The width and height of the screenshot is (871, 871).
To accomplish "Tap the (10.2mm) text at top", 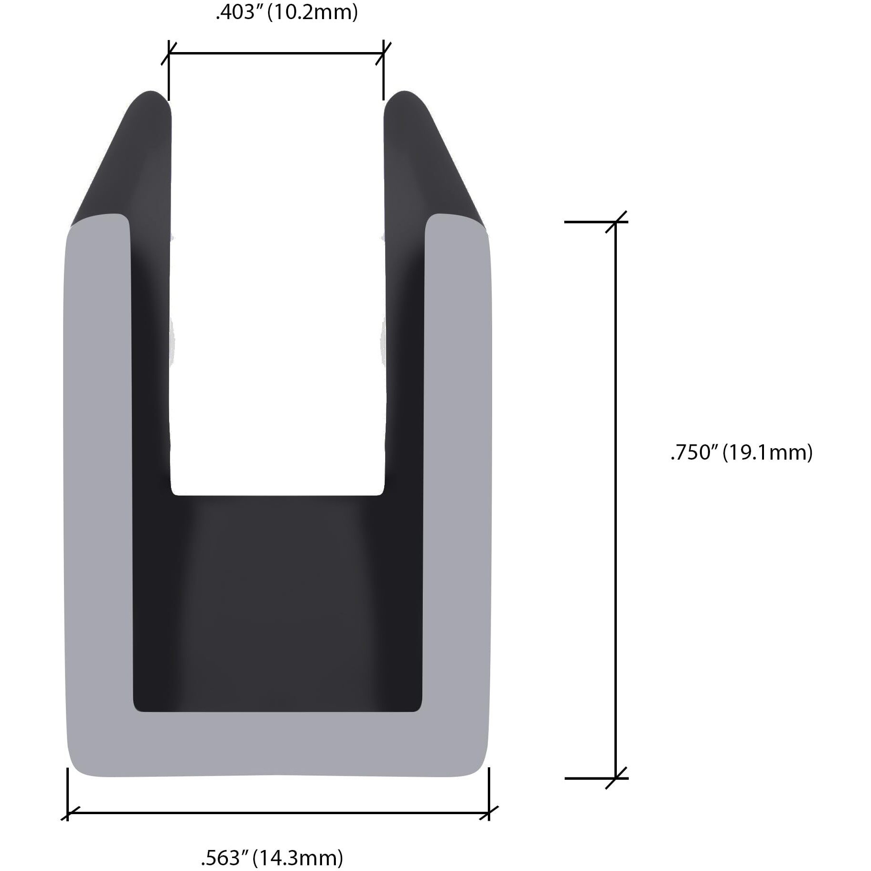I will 312,12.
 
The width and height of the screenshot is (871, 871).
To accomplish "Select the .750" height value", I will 693,452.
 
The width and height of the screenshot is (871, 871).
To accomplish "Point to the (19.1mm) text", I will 767,452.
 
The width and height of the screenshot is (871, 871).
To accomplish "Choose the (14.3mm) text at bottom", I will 298,858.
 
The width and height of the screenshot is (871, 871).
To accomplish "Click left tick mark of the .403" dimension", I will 169,53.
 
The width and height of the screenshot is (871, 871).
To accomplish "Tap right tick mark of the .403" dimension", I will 383,53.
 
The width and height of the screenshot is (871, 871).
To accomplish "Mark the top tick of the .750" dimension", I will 616,222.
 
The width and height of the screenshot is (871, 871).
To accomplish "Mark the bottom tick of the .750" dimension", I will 616,778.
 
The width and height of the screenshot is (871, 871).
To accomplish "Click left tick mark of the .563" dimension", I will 67,812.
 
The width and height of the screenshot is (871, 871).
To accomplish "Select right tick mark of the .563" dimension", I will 489,812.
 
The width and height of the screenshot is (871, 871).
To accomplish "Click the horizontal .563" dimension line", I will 277,812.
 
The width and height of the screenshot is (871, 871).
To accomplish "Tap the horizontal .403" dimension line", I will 276,53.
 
